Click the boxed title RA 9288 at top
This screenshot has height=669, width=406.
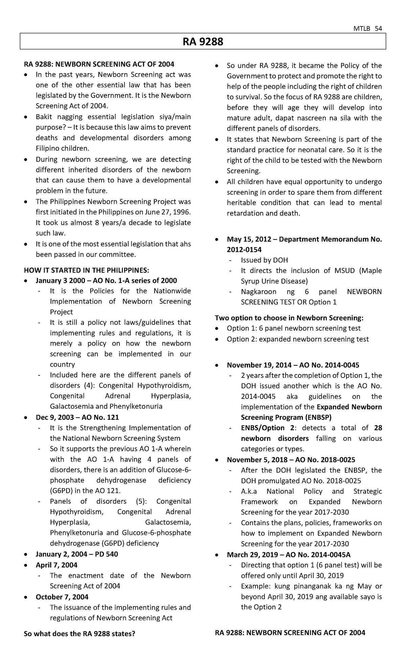click(203, 42)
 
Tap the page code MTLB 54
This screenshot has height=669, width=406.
click(371, 28)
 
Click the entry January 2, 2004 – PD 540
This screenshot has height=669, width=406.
click(77, 554)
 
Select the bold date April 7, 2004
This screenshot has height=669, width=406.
click(57, 565)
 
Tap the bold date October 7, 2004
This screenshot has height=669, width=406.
click(62, 597)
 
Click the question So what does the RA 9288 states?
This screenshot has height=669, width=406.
click(80, 633)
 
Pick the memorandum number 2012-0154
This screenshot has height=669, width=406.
click(244, 250)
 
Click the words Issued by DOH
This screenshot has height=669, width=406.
click(264, 260)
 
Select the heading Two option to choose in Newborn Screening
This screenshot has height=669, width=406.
click(289, 318)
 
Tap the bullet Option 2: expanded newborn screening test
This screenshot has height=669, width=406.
click(298, 339)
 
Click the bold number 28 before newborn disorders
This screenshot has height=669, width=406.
click(378, 428)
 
